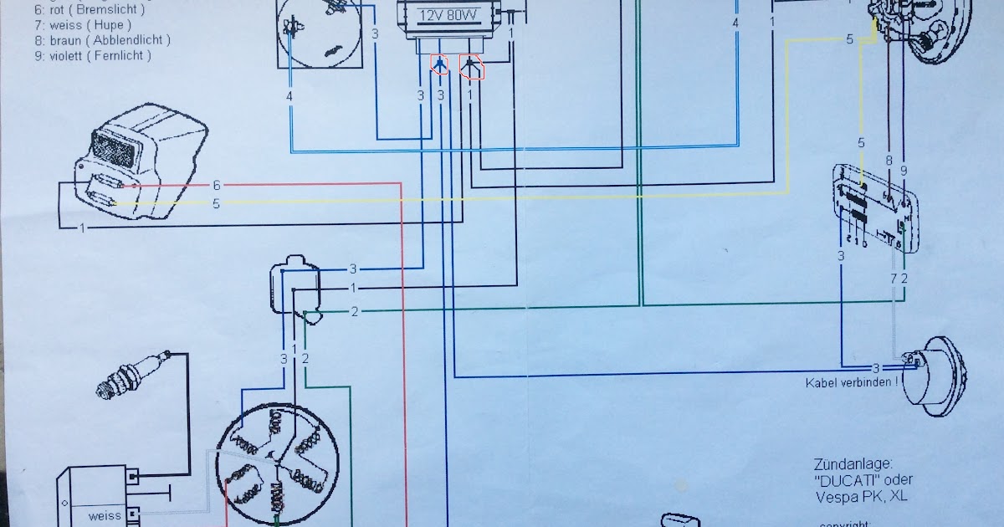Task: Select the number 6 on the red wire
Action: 217,185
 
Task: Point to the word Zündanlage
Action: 852,464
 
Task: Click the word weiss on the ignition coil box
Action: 105,515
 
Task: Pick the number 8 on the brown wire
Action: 889,159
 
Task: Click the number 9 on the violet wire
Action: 904,171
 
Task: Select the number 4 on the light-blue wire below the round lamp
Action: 289,98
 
